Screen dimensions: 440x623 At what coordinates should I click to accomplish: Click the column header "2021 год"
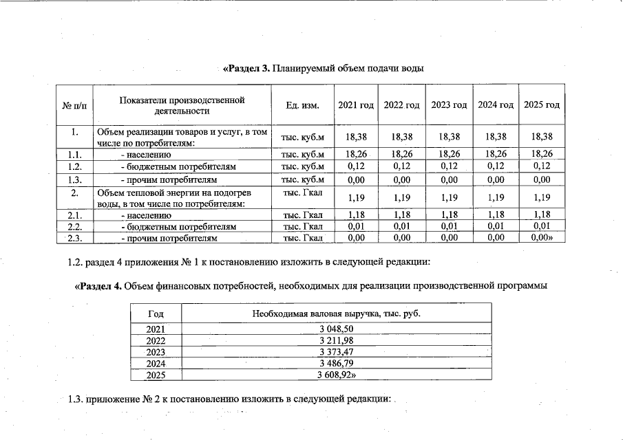[x=356, y=105]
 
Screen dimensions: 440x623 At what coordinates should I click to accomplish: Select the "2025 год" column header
[x=541, y=105]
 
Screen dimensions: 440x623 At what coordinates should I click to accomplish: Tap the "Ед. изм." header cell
[x=302, y=105]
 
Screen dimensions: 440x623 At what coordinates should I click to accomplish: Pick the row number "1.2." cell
[x=75, y=167]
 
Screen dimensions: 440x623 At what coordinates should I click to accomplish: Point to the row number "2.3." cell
[x=75, y=238]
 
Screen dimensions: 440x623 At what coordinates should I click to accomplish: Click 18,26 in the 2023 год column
[x=449, y=155]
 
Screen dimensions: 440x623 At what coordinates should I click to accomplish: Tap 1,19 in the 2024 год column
[x=496, y=197]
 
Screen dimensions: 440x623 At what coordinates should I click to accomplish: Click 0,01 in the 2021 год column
[x=356, y=226]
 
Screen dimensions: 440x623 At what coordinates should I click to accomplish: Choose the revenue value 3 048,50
[x=336, y=329]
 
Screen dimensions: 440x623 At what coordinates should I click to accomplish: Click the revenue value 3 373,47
[x=336, y=352]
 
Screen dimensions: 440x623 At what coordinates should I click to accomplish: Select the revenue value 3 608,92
[x=336, y=375]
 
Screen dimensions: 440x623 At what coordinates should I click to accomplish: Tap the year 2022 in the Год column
[x=156, y=340]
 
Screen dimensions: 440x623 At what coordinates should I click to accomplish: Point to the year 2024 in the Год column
[x=156, y=364]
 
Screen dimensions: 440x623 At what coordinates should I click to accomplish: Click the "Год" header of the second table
[x=156, y=313]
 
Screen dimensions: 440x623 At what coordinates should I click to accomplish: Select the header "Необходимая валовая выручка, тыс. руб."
[x=336, y=313]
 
